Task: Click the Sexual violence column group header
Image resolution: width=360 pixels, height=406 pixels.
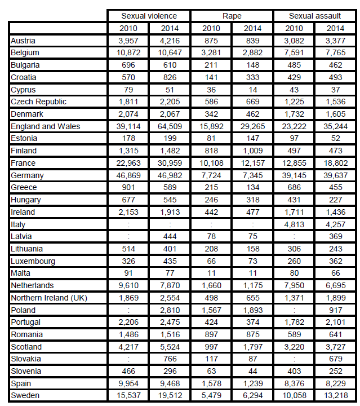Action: click(149, 16)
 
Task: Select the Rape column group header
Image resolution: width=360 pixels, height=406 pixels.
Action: click(232, 16)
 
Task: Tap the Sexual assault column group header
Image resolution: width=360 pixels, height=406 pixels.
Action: click(315, 16)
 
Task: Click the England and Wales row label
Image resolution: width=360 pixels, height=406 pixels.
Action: click(46, 126)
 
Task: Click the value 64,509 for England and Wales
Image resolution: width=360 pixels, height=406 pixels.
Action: click(170, 126)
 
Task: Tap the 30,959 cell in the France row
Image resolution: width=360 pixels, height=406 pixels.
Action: click(170, 163)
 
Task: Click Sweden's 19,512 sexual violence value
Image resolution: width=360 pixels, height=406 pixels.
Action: click(170, 395)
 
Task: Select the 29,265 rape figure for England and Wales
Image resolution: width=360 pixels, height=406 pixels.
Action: click(253, 126)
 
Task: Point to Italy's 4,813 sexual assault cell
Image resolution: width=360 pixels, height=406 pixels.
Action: click(295, 224)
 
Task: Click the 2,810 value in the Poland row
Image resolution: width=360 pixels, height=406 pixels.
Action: click(170, 310)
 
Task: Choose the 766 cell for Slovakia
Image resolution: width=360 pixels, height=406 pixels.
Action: click(170, 359)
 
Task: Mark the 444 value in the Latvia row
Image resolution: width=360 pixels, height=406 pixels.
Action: click(170, 236)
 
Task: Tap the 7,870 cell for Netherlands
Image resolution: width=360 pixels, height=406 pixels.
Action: click(170, 285)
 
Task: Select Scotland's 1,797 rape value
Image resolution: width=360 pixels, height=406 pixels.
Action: click(253, 347)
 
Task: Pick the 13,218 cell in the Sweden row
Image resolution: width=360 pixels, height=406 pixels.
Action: click(336, 395)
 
